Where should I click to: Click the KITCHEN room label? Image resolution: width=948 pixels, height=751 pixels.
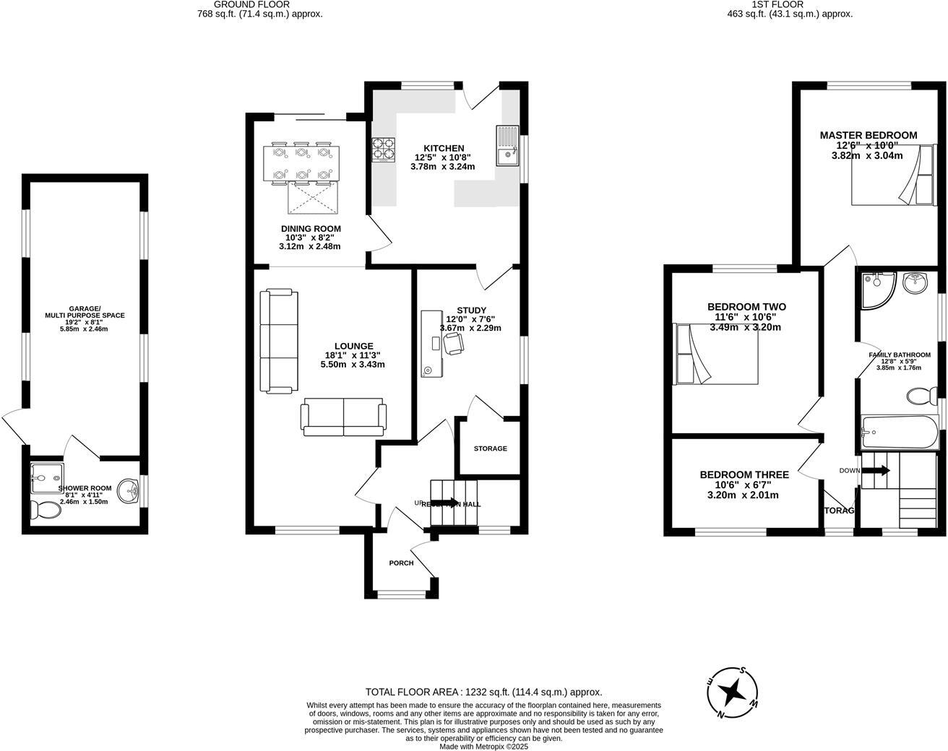point(444,148)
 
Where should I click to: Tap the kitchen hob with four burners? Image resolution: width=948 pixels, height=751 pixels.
point(383,149)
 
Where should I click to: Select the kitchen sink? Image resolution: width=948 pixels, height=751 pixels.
point(507,145)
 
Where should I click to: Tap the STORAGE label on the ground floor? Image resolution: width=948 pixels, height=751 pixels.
point(490,448)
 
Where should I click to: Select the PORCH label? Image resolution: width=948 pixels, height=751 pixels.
point(401,563)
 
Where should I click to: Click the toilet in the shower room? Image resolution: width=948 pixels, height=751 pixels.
point(46,510)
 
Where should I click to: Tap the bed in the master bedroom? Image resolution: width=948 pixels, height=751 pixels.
point(889,175)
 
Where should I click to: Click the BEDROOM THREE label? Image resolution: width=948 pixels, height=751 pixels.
point(744,474)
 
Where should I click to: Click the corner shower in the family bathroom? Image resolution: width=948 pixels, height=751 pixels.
point(876,290)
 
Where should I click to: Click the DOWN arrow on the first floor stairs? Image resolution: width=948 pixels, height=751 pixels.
point(876,471)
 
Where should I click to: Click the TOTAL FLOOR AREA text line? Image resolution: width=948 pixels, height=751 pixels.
point(483,691)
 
